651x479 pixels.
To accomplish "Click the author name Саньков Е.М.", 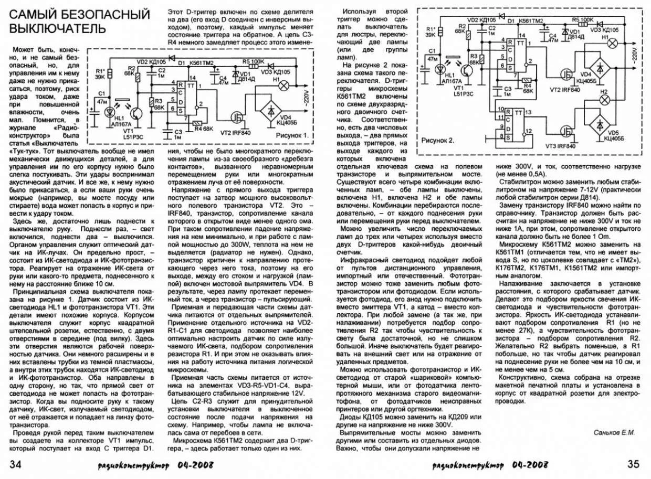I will (x=614, y=433).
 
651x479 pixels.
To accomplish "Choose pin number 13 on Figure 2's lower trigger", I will (x=528, y=112).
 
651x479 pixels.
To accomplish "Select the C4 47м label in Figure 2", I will (x=552, y=36).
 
